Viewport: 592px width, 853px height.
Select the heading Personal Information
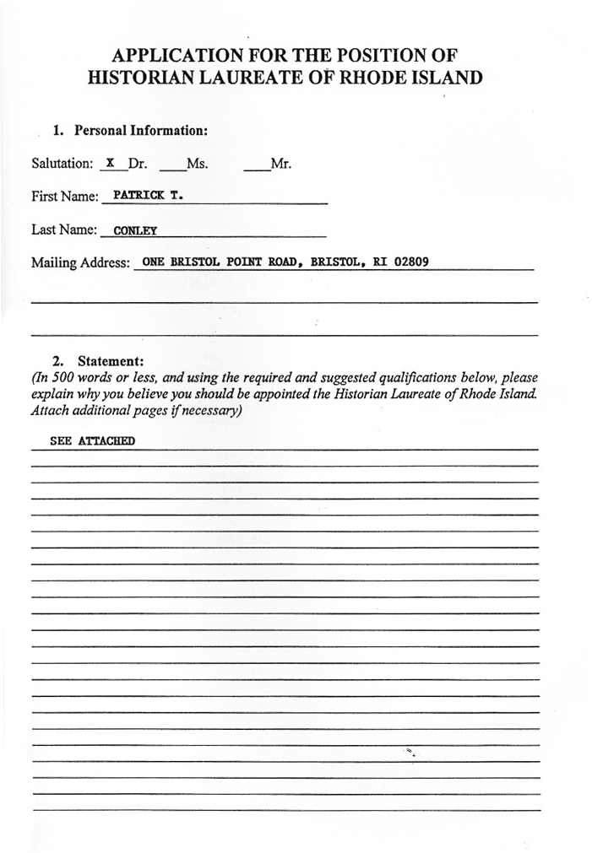[141, 131]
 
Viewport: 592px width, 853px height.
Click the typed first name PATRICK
[138, 195]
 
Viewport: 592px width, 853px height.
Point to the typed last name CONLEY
[135, 230]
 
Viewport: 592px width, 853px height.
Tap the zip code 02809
[411, 262]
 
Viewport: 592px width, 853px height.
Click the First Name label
[65, 197]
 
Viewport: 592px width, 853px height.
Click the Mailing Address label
[81, 262]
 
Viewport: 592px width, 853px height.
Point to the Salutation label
[62, 164]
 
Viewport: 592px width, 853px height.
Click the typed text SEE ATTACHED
[92, 440]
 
